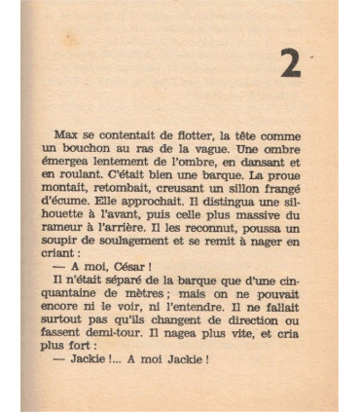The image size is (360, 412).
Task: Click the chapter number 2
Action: pos(289,63)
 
